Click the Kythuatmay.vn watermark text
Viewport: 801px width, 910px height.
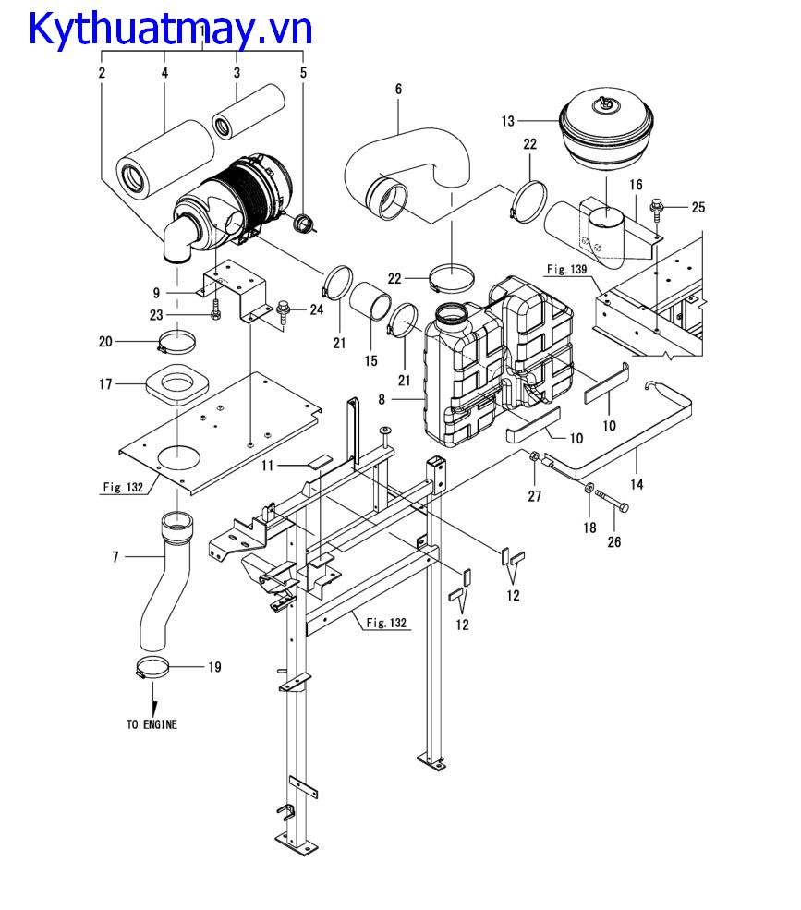pyautogui.click(x=170, y=29)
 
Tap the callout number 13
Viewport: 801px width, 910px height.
pyautogui.click(x=508, y=121)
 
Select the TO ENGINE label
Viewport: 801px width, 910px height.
pyautogui.click(x=152, y=724)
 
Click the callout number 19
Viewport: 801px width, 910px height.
pyautogui.click(x=214, y=667)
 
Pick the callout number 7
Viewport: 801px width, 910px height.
pyautogui.click(x=115, y=557)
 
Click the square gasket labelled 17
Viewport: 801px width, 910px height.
pyautogui.click(x=176, y=384)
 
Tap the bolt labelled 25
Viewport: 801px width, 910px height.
pyautogui.click(x=657, y=209)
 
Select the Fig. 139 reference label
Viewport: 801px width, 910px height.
pyautogui.click(x=567, y=269)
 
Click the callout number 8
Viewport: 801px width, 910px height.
pyautogui.click(x=382, y=399)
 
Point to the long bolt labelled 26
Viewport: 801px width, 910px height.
pyautogui.click(x=612, y=501)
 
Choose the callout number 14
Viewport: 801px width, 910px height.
pyautogui.click(x=637, y=484)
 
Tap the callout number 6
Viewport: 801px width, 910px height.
pyautogui.click(x=398, y=89)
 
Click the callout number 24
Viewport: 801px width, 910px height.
pyautogui.click(x=316, y=309)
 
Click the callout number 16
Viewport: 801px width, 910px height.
pyautogui.click(x=637, y=185)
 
